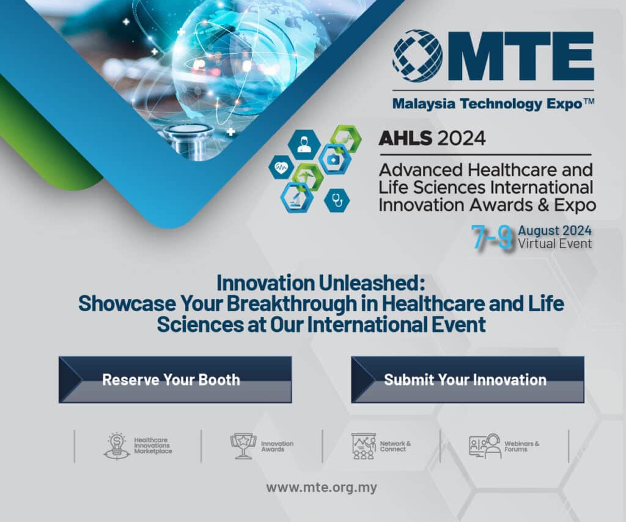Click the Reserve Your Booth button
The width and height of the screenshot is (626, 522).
click(x=175, y=380)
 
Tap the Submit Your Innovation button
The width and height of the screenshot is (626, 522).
click(x=468, y=380)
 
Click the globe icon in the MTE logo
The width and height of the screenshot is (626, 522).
click(x=418, y=56)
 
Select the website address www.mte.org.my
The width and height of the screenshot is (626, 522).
click(x=322, y=487)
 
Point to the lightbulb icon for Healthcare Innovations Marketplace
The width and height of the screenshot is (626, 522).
click(x=117, y=446)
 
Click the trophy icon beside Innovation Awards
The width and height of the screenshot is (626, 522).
click(x=243, y=446)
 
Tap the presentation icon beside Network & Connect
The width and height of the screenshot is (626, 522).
click(x=364, y=446)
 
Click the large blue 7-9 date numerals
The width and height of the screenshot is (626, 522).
click(x=492, y=237)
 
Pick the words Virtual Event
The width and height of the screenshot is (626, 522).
click(x=554, y=243)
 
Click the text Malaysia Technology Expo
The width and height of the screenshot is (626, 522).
click(x=487, y=104)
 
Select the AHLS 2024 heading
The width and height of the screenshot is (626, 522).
click(x=432, y=139)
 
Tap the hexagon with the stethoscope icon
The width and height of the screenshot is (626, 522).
click(x=337, y=200)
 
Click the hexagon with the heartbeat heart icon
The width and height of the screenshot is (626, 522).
click(x=281, y=167)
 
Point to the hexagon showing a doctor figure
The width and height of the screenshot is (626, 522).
click(x=304, y=144)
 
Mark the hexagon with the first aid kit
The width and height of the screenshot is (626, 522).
click(x=334, y=160)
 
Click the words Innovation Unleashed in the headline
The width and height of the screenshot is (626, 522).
click(x=320, y=283)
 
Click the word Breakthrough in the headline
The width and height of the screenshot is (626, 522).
click(x=292, y=303)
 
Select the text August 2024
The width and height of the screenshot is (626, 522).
click(x=554, y=230)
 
